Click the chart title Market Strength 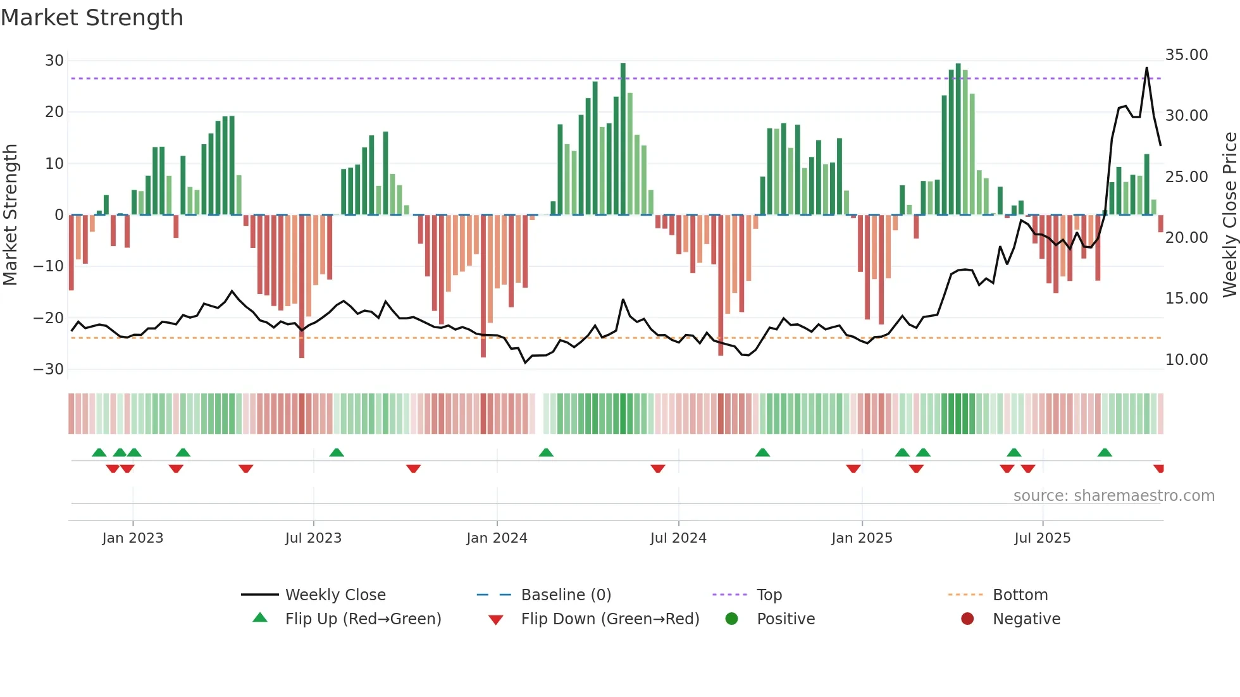pos(92,18)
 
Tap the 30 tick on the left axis pos(54,61)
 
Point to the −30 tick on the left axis pos(49,369)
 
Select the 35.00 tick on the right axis pos(1186,55)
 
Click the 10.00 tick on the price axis pos(1186,359)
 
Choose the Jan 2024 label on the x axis pos(497,538)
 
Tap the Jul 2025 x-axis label pos(1042,538)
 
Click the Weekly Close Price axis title pos(1229,214)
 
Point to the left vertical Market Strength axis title pos(10,214)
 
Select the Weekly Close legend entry pos(335,595)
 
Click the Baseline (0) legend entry pos(566,595)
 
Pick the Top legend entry pos(769,595)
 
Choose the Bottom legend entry pos(1020,595)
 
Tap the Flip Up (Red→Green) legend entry pos(363,619)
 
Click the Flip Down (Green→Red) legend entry pos(610,619)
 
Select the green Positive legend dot pos(732,619)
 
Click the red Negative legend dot pos(967,619)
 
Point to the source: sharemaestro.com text pos(1113,496)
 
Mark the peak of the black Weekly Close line pos(1146,68)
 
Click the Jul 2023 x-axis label pos(313,538)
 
